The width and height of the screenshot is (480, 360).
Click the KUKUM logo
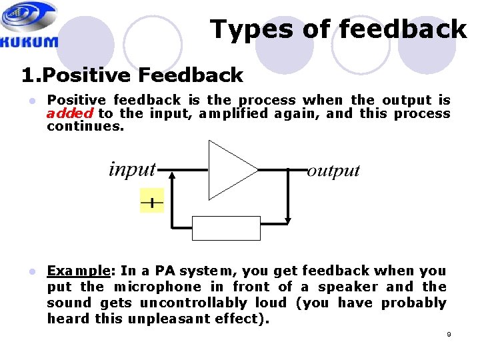pos(30,25)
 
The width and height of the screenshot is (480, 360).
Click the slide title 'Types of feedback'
pos(338,29)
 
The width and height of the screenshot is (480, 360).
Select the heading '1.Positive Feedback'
pos(132,75)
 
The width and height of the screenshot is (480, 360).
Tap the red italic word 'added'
pos(69,113)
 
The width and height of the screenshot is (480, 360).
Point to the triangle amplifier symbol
pos(230,170)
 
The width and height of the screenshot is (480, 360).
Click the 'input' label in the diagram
pos(132,169)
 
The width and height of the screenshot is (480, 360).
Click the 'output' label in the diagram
pos(333,171)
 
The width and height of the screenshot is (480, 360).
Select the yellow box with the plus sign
pos(152,201)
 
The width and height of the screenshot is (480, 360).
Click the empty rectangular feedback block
pos(226,228)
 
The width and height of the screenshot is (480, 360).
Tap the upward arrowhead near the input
pos(172,177)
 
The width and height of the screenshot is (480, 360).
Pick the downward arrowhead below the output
pos(288,219)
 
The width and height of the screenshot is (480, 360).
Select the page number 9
pos(449,334)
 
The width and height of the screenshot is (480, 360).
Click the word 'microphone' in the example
pos(157,287)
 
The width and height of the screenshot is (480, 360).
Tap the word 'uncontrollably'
pos(183,303)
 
